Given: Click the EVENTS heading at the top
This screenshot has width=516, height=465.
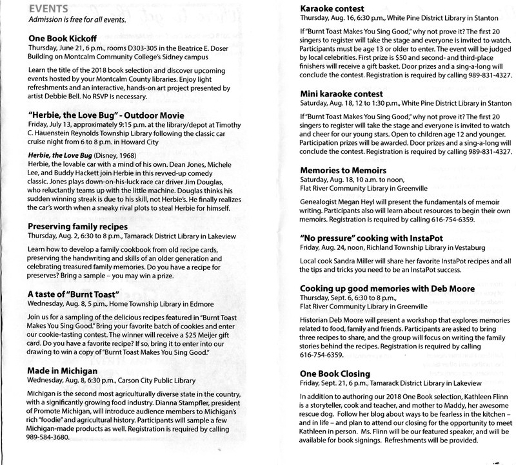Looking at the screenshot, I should point(48,8).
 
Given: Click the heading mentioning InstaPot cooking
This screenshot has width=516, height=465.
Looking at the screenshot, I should point(366,239).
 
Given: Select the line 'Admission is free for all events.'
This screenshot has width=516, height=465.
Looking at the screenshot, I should point(77,19).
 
